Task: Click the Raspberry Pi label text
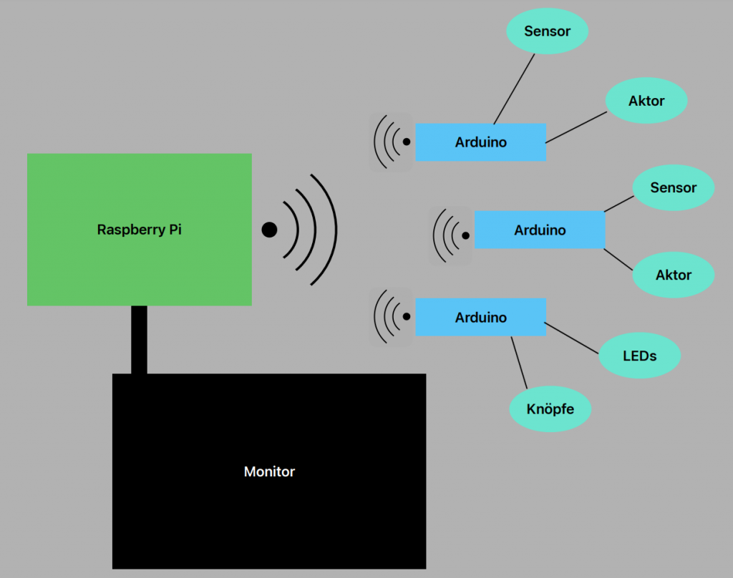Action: (140, 230)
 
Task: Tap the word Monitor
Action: (269, 472)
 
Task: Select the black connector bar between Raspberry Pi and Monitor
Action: (140, 340)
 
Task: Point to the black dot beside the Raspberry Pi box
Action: (269, 230)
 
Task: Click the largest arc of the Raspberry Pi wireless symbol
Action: (334, 230)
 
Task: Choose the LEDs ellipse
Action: (639, 356)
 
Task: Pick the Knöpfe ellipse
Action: (550, 409)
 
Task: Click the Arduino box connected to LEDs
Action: (481, 318)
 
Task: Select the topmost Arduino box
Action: (481, 142)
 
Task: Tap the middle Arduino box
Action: (540, 230)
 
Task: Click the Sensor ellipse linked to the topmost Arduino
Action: (548, 31)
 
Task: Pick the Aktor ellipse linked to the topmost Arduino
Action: (646, 101)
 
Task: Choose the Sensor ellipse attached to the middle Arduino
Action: (673, 187)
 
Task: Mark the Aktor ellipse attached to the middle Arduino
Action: (673, 275)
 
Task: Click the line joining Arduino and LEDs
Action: (573, 338)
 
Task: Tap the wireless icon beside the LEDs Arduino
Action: (391, 317)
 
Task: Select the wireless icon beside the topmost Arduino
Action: (391, 142)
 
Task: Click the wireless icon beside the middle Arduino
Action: (450, 235)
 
